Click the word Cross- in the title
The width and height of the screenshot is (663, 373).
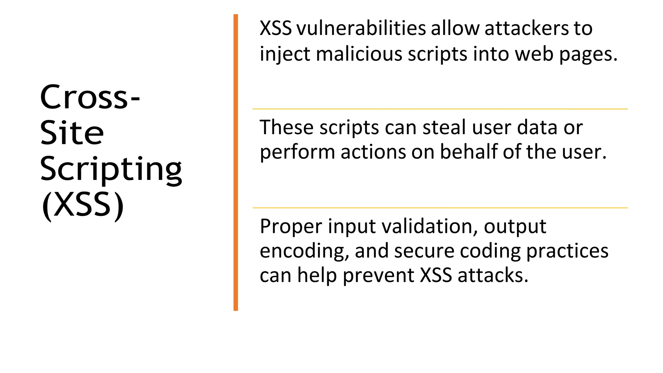(x=90, y=97)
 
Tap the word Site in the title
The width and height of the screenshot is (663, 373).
(x=72, y=133)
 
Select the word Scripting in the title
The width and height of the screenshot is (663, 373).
(x=111, y=169)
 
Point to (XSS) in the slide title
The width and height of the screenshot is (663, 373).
(x=83, y=205)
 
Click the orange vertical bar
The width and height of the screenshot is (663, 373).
(x=236, y=162)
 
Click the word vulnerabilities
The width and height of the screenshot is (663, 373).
(x=361, y=29)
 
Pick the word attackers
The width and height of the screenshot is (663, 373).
(x=526, y=29)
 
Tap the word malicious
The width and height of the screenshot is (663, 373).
(x=359, y=53)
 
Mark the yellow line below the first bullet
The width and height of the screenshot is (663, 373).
(x=440, y=109)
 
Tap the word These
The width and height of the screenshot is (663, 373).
(x=286, y=127)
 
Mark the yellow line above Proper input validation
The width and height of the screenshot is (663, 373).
(x=440, y=208)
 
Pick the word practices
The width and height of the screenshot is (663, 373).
(x=567, y=251)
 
